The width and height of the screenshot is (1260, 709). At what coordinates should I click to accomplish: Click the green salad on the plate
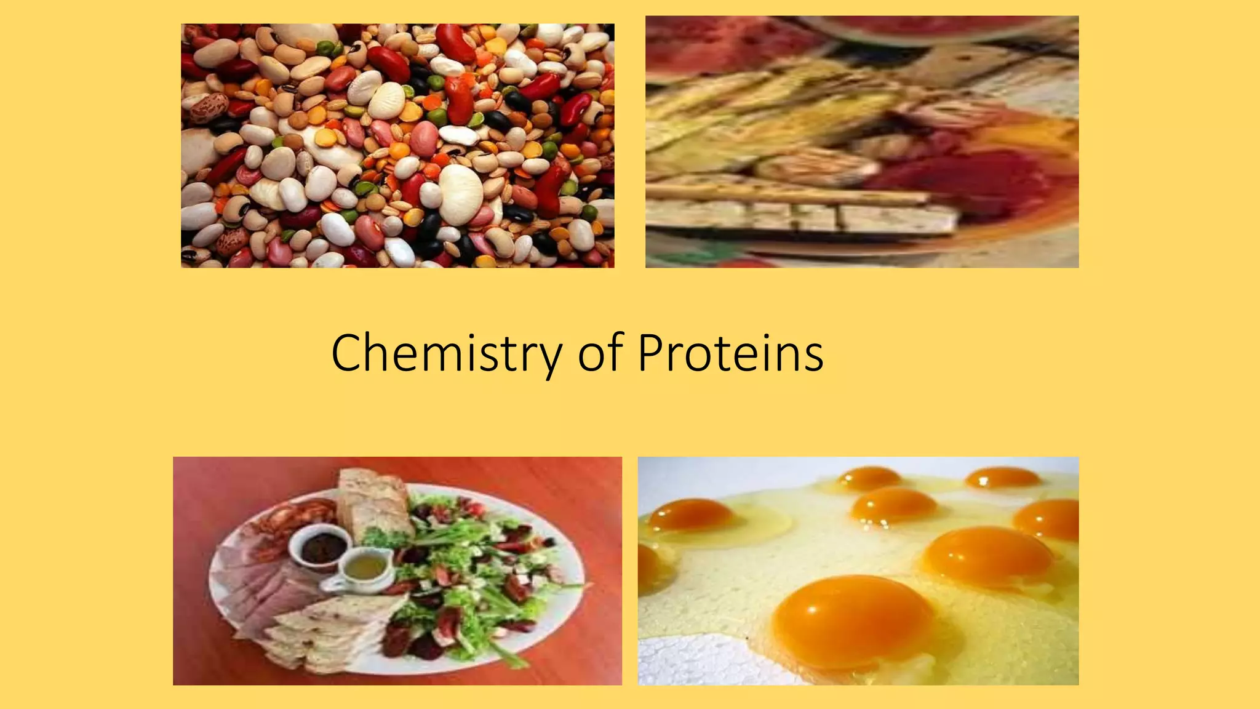[474, 554]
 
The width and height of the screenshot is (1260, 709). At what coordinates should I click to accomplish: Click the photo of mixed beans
[397, 146]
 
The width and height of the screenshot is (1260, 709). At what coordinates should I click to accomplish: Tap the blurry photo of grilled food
[861, 142]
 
